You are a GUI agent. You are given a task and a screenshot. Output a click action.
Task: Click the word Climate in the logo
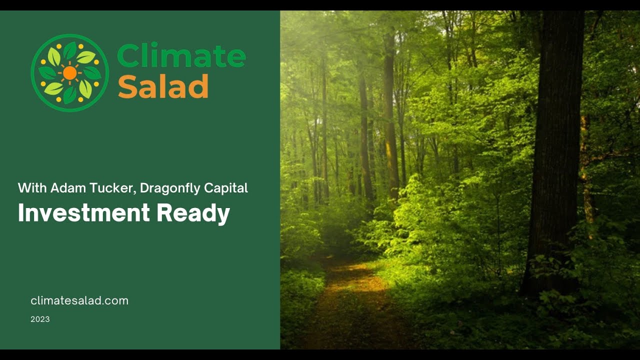(x=181, y=55)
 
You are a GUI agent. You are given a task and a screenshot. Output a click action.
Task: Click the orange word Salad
(x=163, y=86)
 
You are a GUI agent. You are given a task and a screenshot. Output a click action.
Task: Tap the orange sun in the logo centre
(x=70, y=73)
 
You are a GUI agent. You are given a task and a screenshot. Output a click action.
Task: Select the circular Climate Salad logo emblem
(x=70, y=73)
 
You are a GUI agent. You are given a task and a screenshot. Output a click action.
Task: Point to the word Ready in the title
(x=193, y=213)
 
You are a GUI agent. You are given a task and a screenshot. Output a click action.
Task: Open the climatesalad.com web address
(x=79, y=300)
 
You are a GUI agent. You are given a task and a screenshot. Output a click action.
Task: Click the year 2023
(x=40, y=319)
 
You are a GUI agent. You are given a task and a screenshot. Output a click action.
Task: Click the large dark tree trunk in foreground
(x=555, y=150)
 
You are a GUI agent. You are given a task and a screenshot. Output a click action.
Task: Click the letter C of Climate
(x=128, y=55)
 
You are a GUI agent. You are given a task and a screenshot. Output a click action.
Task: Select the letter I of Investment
(x=20, y=213)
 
